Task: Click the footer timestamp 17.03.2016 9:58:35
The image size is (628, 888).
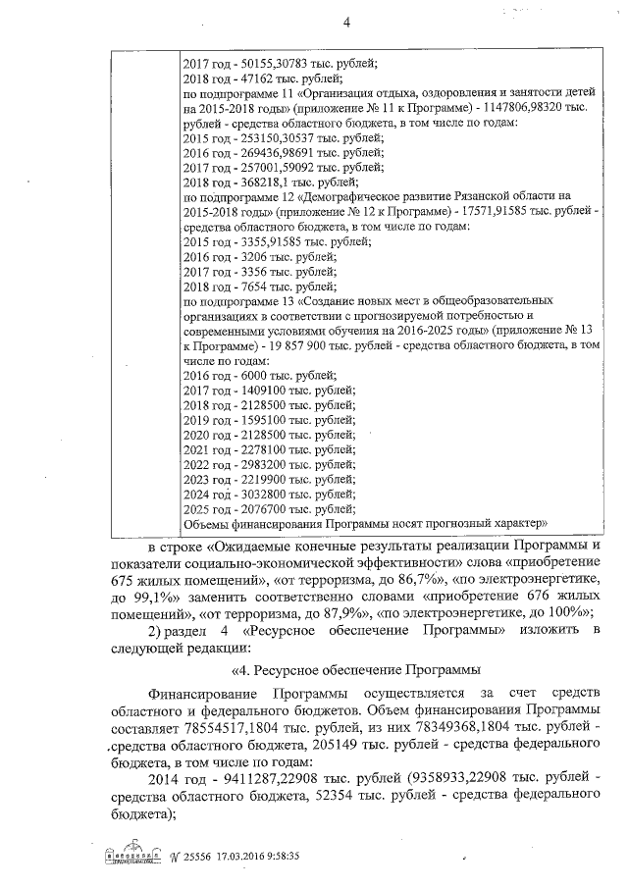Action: coord(258,857)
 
